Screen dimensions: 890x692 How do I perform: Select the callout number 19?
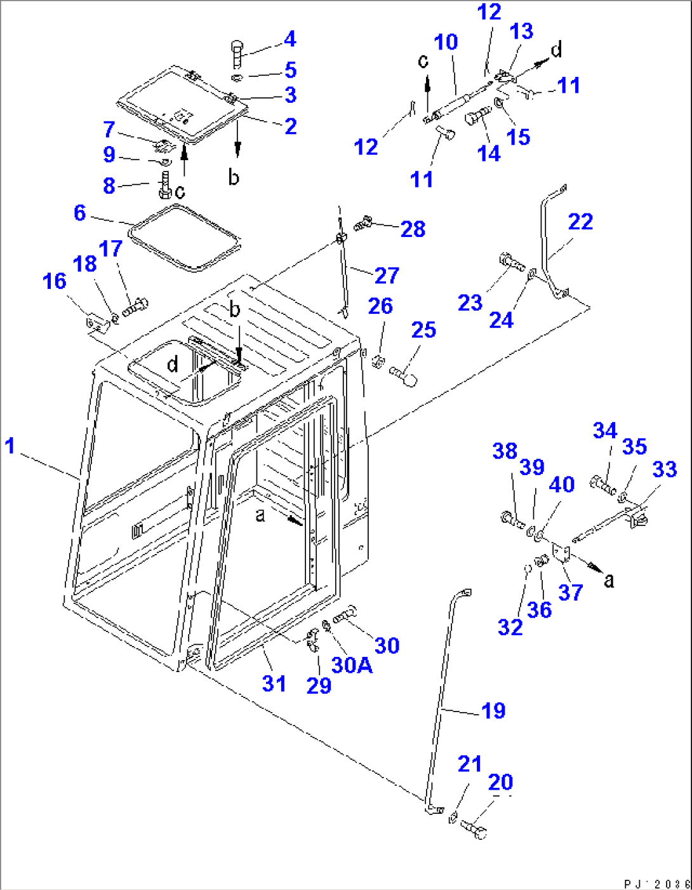pyautogui.click(x=493, y=710)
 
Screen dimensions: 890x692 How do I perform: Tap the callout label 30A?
pyautogui.click(x=352, y=664)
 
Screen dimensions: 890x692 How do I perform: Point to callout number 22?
pyautogui.click(x=580, y=222)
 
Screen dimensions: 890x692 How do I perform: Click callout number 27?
pyautogui.click(x=386, y=275)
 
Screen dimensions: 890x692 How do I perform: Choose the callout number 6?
pyautogui.click(x=79, y=213)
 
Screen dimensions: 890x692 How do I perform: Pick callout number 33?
pyautogui.click(x=664, y=469)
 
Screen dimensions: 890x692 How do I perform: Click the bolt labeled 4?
pyautogui.click(x=236, y=54)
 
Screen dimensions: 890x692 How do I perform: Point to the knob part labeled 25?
pyautogui.click(x=403, y=374)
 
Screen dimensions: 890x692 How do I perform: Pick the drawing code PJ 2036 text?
pyautogui.click(x=656, y=883)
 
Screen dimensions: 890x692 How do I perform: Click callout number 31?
pyautogui.click(x=274, y=684)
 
